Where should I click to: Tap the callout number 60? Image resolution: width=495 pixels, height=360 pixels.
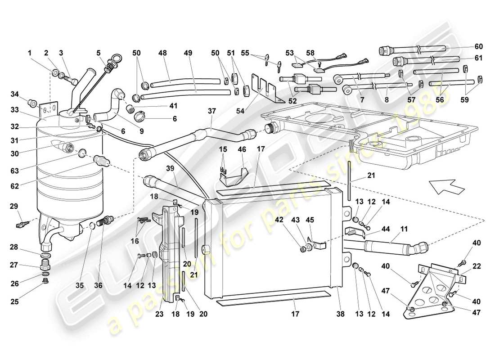tap(478, 46)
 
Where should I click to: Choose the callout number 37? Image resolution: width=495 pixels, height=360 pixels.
tap(212, 111)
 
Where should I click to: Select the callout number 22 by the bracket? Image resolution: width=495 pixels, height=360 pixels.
tap(477, 266)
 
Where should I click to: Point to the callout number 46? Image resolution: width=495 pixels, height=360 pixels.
tap(242, 148)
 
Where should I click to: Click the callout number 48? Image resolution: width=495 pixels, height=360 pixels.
tap(163, 53)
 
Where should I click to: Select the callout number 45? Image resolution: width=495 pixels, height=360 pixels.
tap(323, 220)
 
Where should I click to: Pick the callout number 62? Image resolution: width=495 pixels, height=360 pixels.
tap(15, 184)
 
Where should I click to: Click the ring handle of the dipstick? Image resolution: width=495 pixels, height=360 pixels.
tap(116, 57)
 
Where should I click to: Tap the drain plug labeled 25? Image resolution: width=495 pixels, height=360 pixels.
tap(45, 282)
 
